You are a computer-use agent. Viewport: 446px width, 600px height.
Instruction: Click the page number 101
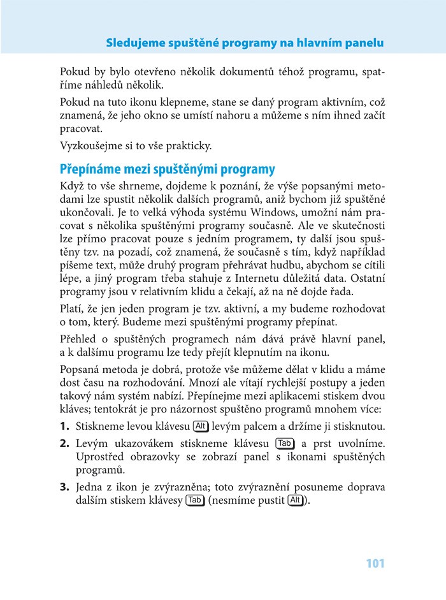pyautogui.click(x=376, y=564)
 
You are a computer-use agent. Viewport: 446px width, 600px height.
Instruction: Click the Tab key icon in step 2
pyautogui.click(x=285, y=443)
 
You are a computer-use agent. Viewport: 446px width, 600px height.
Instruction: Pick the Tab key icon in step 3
pyautogui.click(x=195, y=501)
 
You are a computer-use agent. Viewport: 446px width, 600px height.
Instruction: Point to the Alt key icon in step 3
pyautogui.click(x=295, y=501)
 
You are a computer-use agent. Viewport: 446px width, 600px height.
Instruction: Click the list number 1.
pyautogui.click(x=64, y=426)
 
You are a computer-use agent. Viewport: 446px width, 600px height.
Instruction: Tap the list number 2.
pyautogui.click(x=64, y=443)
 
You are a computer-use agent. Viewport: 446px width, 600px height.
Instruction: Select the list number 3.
pyautogui.click(x=64, y=487)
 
